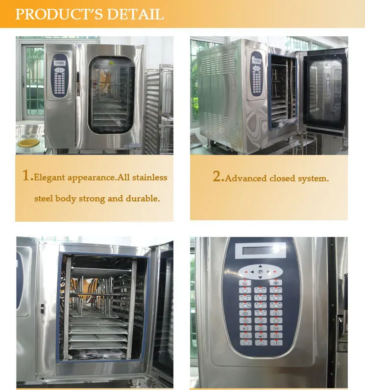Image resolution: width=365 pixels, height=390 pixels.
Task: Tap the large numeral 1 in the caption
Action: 27,176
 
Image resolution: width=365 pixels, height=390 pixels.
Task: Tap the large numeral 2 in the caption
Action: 218,177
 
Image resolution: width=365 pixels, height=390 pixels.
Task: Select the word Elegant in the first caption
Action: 48,178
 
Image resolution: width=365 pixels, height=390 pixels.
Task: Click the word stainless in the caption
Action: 149,177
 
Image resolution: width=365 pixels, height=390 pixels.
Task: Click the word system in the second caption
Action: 312,179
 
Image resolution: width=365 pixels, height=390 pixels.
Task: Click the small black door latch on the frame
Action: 43,309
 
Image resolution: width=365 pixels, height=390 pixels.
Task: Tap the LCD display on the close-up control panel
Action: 260,251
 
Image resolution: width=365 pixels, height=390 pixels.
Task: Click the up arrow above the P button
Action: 260,266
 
